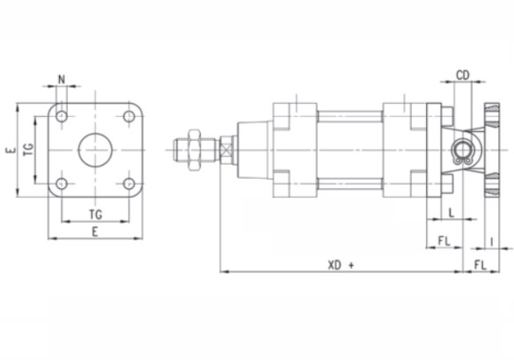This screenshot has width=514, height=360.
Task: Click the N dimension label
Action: pos(62,79)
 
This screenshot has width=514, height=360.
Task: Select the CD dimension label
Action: pos(463,76)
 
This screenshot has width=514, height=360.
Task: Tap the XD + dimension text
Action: pos(341,265)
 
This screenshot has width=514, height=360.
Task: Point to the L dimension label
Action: pos(452,213)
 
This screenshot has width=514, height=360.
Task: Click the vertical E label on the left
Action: pos(11,151)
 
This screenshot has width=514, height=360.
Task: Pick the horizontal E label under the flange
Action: pos(95,232)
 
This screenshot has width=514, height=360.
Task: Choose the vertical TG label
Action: pos(29,150)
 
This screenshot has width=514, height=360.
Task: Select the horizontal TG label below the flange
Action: pos(96,215)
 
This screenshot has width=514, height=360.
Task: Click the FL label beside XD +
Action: pos(481,265)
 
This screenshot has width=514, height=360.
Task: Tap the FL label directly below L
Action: pos(444,241)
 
